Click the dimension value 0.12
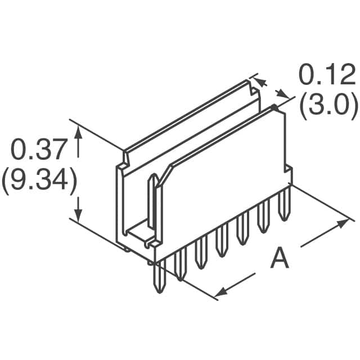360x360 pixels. [326, 74]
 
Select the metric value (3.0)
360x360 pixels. [328, 105]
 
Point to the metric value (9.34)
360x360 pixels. [38, 181]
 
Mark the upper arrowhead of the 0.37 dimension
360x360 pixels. [79, 132]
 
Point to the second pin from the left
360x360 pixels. [181, 264]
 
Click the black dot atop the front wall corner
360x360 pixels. [274, 106]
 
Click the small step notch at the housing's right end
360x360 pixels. [289, 172]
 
